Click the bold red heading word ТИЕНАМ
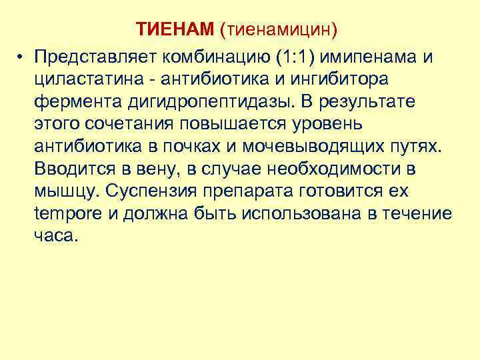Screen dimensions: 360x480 pyautogui.click(x=175, y=30)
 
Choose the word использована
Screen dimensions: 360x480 pyautogui.click(x=305, y=214)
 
